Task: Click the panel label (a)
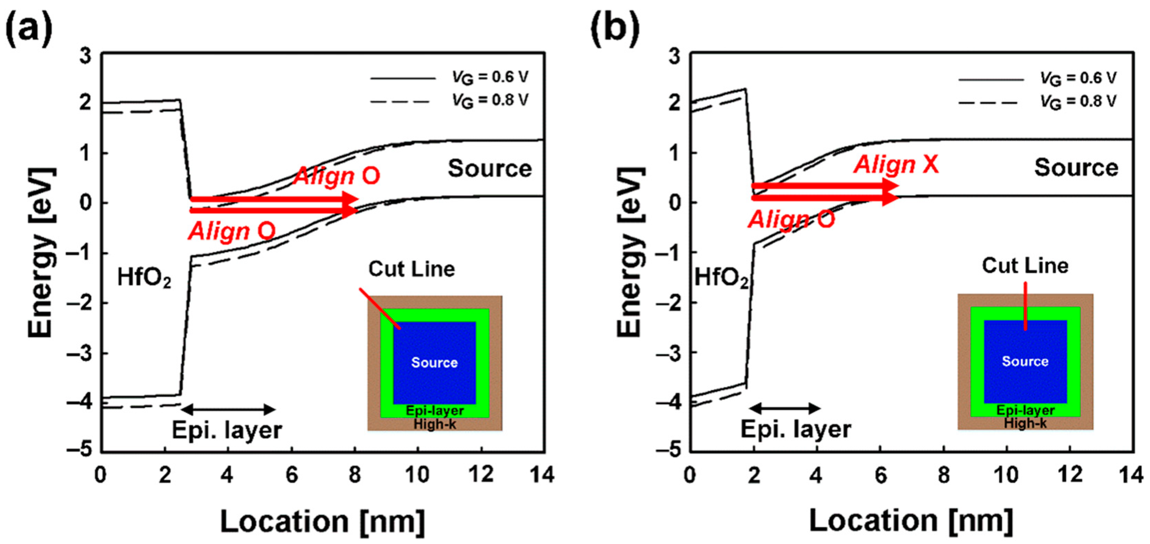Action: (29, 29)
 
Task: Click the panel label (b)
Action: (615, 29)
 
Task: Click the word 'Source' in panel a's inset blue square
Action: (434, 362)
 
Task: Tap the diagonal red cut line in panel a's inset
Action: (379, 309)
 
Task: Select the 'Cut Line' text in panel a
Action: (411, 269)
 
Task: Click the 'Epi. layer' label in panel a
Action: (227, 430)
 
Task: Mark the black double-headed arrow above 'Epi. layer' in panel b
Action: (785, 408)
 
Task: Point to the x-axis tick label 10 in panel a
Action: (417, 474)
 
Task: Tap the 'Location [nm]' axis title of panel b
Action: (911, 521)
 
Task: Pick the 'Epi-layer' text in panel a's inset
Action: (434, 410)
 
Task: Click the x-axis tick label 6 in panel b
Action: (880, 474)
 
